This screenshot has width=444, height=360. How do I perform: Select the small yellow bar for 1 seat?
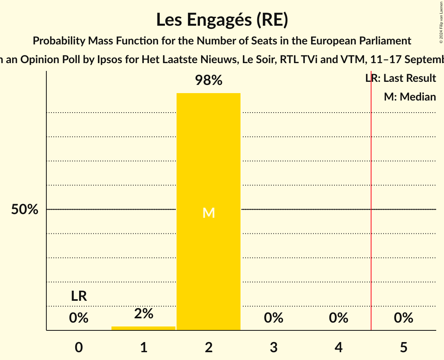[143, 328]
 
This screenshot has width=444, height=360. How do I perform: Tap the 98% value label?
[209, 81]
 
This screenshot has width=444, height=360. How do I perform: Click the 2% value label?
[143, 314]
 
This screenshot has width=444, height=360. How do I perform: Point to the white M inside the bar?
[209, 213]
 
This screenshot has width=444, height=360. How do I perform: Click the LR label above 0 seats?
[79, 296]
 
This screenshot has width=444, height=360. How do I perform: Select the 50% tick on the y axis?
[25, 210]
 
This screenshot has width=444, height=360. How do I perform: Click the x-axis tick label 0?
[79, 347]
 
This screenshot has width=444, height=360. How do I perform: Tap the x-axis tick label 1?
[143, 347]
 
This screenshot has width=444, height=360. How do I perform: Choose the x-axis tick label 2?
[209, 347]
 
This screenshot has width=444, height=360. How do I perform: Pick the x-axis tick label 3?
[274, 347]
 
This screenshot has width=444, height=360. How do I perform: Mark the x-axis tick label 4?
[338, 347]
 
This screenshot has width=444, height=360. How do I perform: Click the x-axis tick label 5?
[403, 347]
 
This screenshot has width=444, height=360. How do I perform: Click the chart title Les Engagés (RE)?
[222, 20]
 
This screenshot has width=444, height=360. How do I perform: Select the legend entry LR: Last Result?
[401, 78]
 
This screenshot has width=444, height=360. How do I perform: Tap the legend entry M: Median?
[410, 97]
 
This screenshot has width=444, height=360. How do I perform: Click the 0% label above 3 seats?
[274, 318]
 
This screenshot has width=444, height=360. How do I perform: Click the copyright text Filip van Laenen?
[441, 22]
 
